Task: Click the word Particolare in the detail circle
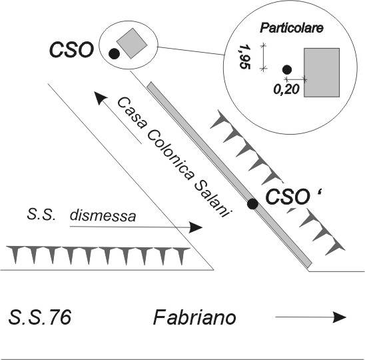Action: point(292,28)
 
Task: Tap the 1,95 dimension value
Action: point(244,57)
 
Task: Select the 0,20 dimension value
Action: point(286,89)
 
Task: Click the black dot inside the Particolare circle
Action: point(287,69)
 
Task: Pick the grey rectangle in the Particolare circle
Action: point(322,73)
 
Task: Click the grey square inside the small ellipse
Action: point(132,43)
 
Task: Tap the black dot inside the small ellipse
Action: point(114,54)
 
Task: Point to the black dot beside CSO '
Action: point(252,204)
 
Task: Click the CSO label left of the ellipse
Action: point(71,50)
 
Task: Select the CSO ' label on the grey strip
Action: point(294,197)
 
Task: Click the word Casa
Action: point(131,113)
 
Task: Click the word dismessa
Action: point(103,215)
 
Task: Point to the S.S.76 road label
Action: point(40,317)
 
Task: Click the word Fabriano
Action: point(194,317)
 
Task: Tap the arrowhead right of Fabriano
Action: point(340,317)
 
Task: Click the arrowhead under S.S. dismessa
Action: point(196,227)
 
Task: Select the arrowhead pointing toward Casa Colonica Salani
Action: point(100,98)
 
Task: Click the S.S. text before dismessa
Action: point(41,215)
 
